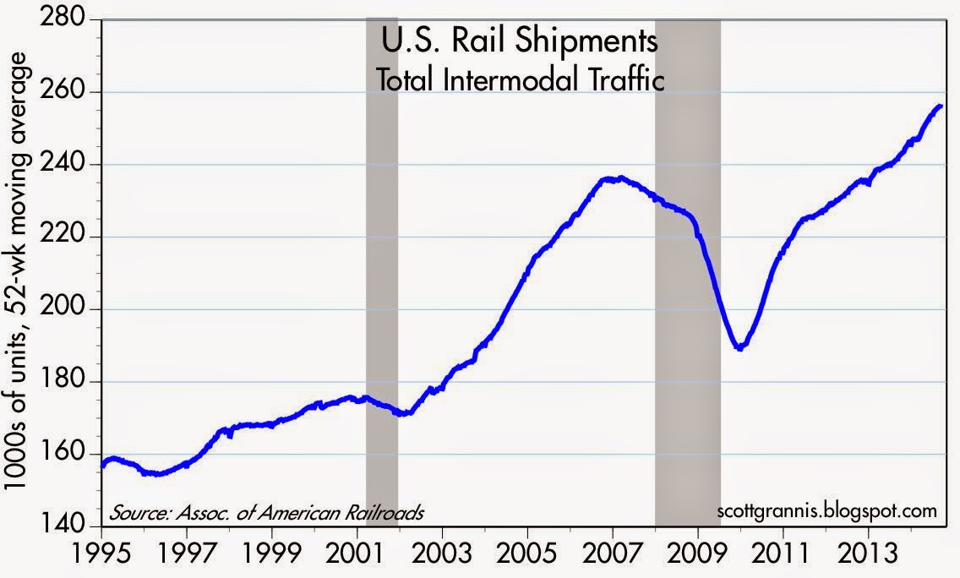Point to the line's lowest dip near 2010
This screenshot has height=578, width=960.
(x=740, y=347)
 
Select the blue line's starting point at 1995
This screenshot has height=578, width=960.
(x=102, y=465)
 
